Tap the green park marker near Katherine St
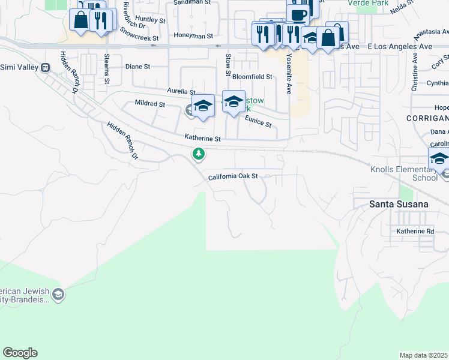point(199,154)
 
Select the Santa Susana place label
point(399,204)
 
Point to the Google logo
point(20,353)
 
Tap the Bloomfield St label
point(252,77)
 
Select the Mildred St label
point(150,104)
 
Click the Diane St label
point(137,67)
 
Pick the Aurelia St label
point(181,91)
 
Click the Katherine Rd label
point(415,231)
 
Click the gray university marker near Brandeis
point(58,294)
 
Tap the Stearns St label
point(107,68)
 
